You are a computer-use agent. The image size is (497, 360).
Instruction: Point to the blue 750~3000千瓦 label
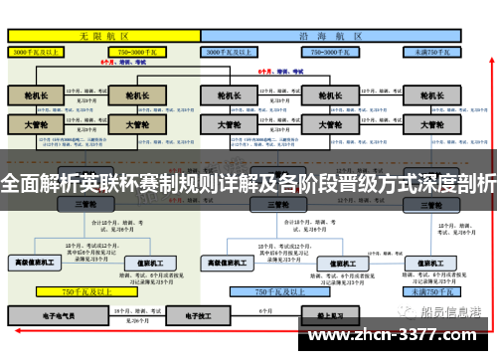click(328, 49)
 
